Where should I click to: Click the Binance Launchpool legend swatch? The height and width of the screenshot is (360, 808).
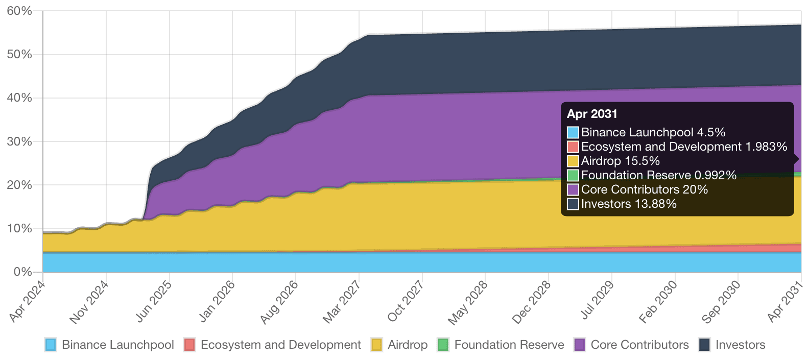(51, 345)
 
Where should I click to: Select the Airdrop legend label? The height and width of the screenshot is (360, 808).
(407, 345)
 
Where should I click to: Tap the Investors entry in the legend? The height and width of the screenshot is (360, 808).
(740, 345)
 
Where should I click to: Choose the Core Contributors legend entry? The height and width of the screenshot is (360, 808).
(639, 345)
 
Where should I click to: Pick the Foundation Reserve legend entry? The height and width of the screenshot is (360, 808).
(509, 345)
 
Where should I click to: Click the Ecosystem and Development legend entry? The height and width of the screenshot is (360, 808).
(280, 345)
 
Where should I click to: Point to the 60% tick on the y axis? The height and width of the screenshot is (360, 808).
(19, 11)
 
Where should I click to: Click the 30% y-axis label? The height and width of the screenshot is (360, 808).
(19, 141)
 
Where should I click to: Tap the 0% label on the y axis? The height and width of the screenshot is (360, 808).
(23, 272)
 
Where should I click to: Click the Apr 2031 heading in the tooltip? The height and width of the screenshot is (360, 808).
(592, 114)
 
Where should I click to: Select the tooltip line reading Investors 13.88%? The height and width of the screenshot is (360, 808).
(629, 204)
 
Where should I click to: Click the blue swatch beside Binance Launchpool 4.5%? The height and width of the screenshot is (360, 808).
(573, 132)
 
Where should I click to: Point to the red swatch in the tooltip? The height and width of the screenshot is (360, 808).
(573, 147)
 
